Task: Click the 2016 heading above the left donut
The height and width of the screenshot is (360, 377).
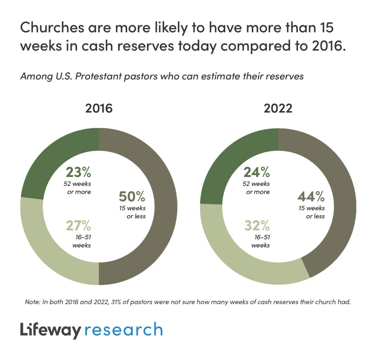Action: coord(99,109)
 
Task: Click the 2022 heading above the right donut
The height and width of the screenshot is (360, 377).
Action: coord(278,109)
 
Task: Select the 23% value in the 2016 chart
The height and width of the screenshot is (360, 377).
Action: coord(78,172)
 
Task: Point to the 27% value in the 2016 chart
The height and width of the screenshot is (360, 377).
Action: coord(78,226)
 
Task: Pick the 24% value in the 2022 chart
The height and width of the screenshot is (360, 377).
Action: coord(257,172)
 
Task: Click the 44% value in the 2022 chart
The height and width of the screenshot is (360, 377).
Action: coord(311,196)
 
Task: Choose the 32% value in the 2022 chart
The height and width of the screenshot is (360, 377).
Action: coord(257,226)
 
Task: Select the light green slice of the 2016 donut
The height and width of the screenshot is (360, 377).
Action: coord(48,250)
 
